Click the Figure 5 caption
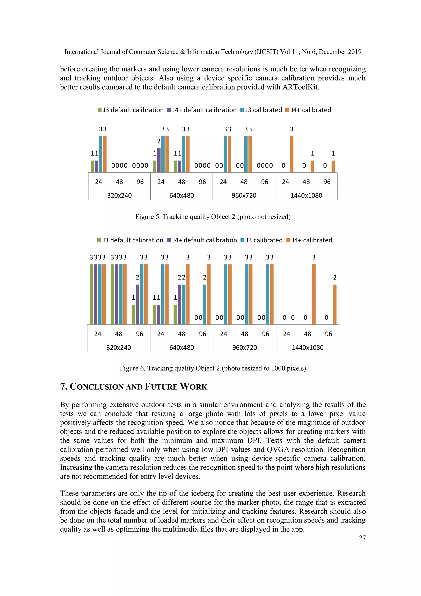213,217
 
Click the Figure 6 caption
213,368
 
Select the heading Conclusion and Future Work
134,387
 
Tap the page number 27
362,538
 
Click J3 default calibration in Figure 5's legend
131,110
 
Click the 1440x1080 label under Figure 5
306,196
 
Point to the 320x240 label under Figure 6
119,348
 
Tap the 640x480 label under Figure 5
182,196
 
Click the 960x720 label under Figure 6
244,348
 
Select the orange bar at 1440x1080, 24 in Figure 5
292,154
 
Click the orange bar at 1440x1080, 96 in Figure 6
335,305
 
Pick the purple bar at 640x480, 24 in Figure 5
159,160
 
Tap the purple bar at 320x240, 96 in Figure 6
137,305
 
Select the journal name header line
213,52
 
